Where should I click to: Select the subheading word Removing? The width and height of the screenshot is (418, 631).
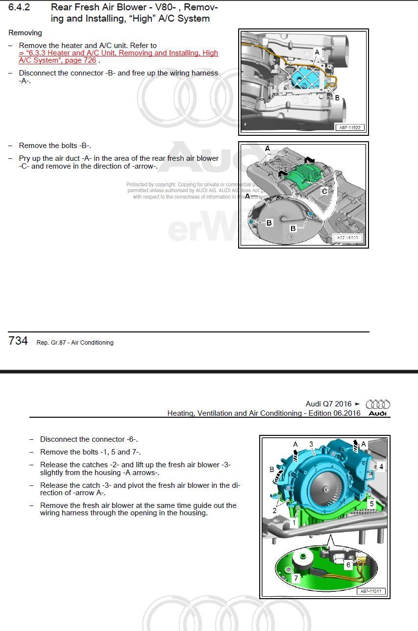tap(25, 33)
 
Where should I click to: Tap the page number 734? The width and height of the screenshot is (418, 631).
tap(18, 341)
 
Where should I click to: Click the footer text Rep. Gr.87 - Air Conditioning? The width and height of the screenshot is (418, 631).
tap(75, 343)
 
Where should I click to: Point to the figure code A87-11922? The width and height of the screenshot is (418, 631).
tap(350, 127)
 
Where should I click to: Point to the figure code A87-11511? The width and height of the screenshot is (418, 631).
tap(371, 591)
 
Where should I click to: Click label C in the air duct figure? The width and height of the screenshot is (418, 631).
tap(324, 191)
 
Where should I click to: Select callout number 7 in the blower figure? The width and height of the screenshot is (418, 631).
tap(296, 578)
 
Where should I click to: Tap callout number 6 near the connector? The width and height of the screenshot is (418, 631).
tap(348, 565)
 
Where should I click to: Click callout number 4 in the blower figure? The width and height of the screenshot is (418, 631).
tap(381, 467)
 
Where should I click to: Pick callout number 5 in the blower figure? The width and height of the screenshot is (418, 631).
tap(371, 504)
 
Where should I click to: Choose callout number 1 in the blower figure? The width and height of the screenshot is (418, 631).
tap(294, 523)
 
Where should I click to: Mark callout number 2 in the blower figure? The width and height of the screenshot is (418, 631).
tap(274, 510)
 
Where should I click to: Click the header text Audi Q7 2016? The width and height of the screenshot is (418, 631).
tap(328, 404)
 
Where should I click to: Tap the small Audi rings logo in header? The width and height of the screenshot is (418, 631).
tap(378, 404)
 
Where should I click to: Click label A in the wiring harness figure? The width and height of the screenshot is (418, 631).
tap(317, 52)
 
